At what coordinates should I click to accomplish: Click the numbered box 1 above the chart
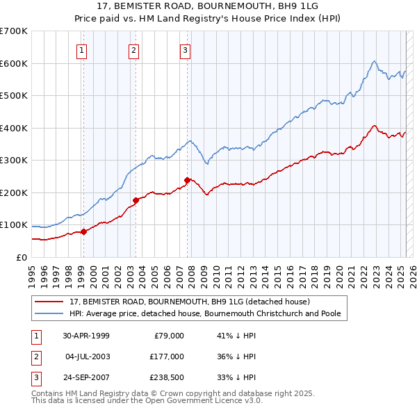(x=82, y=49)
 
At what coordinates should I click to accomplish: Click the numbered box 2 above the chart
(x=133, y=49)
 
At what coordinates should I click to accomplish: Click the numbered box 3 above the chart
(x=186, y=49)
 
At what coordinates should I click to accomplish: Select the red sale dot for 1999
(x=83, y=231)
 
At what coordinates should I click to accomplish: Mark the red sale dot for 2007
(x=187, y=180)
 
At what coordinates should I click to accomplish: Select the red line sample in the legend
(x=49, y=302)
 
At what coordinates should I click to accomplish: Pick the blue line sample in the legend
(x=49, y=313)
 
